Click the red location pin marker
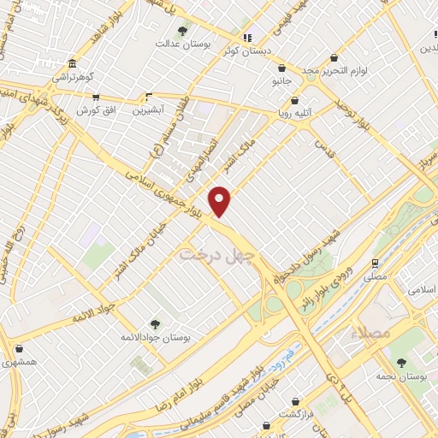[x=221, y=200]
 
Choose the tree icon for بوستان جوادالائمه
[x=154, y=324]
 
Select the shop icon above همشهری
[x=19, y=349]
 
